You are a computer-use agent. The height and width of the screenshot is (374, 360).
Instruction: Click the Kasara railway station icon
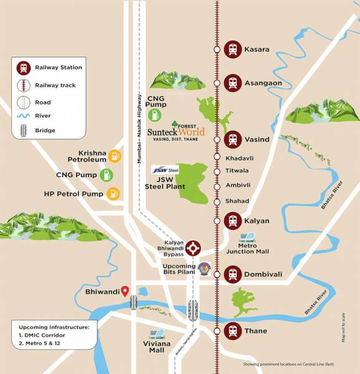tap(232, 49)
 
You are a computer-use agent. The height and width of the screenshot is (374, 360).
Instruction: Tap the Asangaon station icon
tap(232, 82)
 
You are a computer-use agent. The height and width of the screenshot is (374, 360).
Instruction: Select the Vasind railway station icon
tap(232, 139)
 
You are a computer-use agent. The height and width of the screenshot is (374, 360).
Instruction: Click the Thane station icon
tap(232, 330)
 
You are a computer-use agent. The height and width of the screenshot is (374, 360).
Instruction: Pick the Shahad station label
tap(237, 201)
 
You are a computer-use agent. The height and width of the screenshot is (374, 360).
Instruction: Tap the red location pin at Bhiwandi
tap(125, 290)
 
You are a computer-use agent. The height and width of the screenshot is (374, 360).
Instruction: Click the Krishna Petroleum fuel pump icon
tap(114, 156)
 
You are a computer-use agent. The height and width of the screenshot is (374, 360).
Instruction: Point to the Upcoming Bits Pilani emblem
tap(204, 269)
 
